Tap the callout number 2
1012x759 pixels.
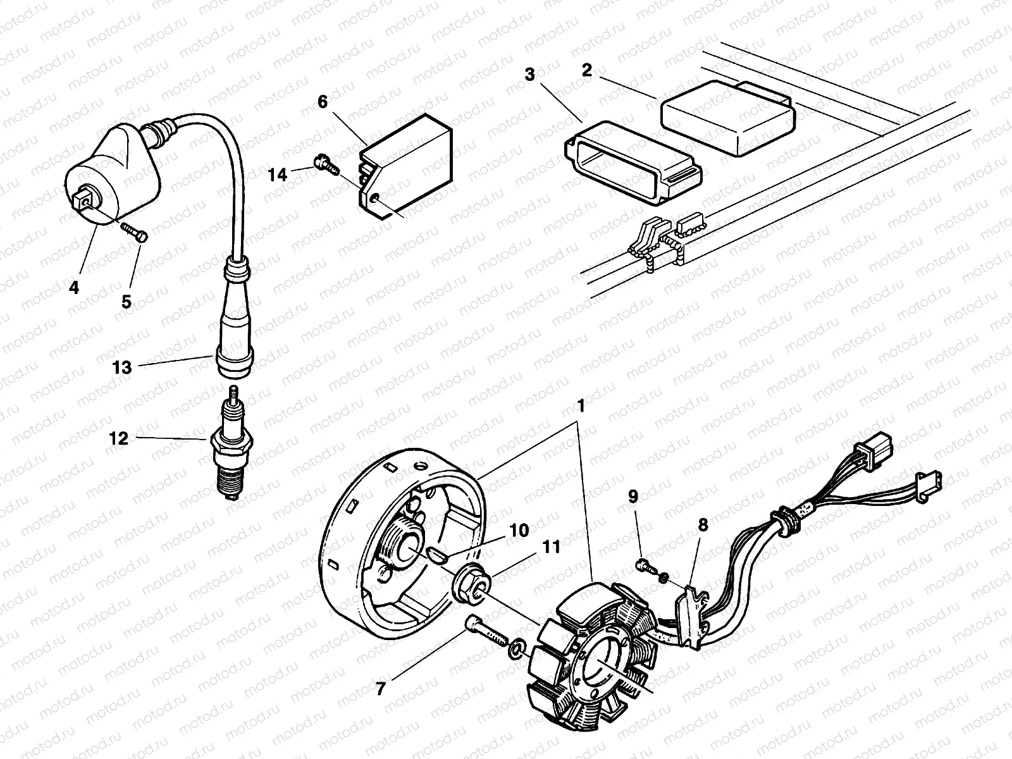[x=587, y=70]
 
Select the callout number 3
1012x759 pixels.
[x=530, y=75]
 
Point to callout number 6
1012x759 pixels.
[x=323, y=101]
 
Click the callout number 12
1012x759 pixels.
[x=119, y=438]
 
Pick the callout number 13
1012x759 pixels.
[x=122, y=367]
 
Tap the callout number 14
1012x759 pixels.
[x=277, y=174]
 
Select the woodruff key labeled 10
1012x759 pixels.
[x=438, y=555]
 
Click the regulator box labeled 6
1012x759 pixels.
[x=405, y=168]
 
